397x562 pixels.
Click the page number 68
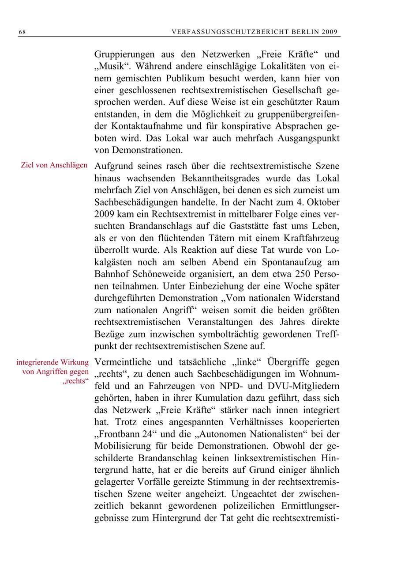(x=22, y=32)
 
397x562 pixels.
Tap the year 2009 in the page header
(x=330, y=32)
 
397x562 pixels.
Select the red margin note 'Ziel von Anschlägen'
(x=54, y=165)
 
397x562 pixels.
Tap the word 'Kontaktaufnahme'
(x=139, y=126)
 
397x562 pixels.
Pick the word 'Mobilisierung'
(x=125, y=446)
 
